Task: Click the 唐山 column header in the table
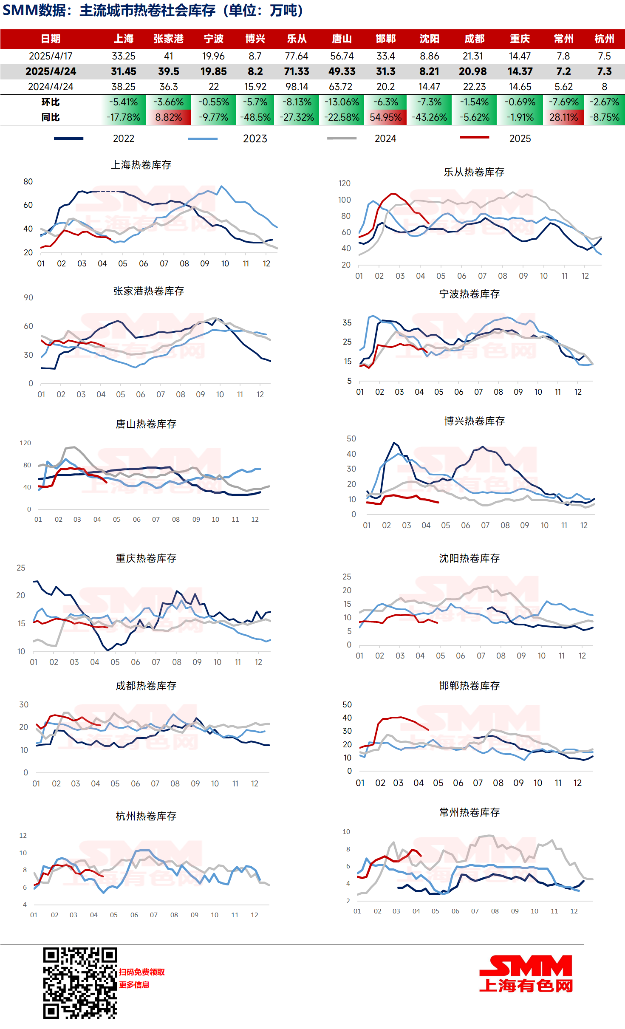[x=342, y=39]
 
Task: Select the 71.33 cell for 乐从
[x=297, y=71]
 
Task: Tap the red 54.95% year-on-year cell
[x=385, y=117]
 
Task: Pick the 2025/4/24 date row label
[x=51, y=71]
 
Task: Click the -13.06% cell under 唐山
[x=342, y=102]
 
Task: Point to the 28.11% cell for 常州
[x=563, y=117]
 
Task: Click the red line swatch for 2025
[x=474, y=138]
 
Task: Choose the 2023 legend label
[x=255, y=139]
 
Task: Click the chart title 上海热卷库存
[x=141, y=165]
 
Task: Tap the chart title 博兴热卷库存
[x=474, y=421]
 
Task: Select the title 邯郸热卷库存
[x=469, y=686]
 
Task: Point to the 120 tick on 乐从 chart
[x=344, y=184]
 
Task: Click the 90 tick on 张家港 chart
[x=28, y=298]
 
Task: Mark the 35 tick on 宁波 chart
[x=347, y=323]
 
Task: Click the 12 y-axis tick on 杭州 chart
[x=23, y=836]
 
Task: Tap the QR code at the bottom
[x=80, y=983]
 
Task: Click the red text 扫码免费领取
[x=141, y=972]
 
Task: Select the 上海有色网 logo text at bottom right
[x=526, y=986]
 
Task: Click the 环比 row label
[x=51, y=102]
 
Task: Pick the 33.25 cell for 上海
[x=124, y=56]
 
